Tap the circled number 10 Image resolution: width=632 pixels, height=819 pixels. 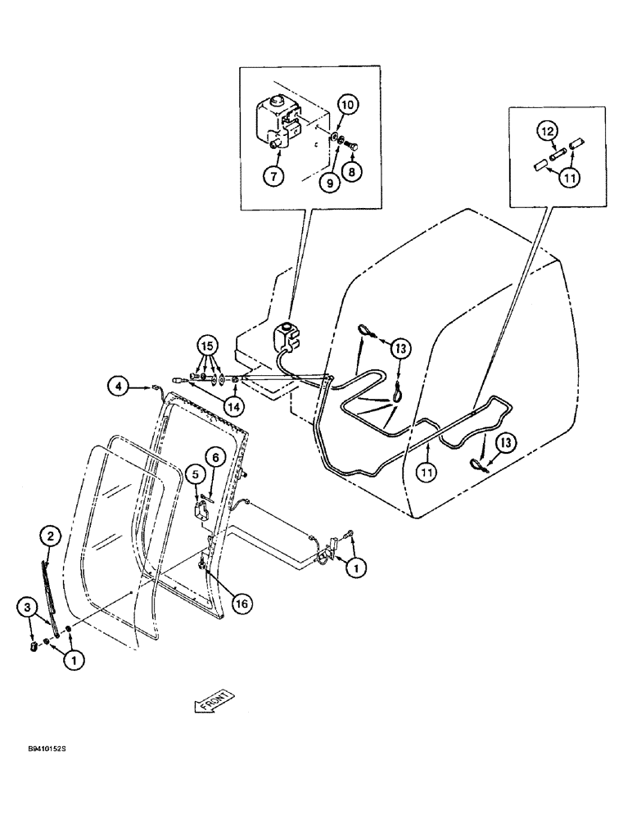(x=346, y=106)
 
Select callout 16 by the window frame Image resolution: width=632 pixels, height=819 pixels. (x=240, y=604)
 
